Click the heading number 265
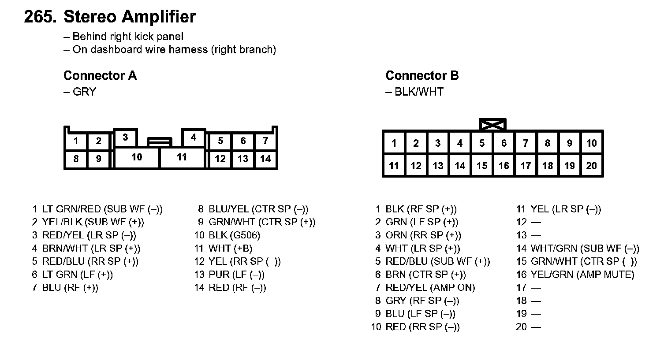(40, 17)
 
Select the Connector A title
(100, 75)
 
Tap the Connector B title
(422, 75)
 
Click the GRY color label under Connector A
(84, 92)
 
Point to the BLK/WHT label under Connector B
(419, 92)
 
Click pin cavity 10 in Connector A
(137, 157)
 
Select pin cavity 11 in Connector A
(182, 157)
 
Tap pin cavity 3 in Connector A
(126, 137)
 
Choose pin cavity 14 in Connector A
(265, 159)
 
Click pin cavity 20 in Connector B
(591, 166)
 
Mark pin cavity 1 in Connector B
(394, 143)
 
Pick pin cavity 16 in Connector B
(504, 166)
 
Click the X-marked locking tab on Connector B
(492, 124)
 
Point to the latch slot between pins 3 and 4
(159, 142)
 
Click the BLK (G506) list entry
(234, 235)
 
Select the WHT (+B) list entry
(230, 249)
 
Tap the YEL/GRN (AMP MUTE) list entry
(582, 275)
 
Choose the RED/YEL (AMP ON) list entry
(430, 288)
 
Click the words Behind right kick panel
(127, 37)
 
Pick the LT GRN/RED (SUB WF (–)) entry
(102, 209)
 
